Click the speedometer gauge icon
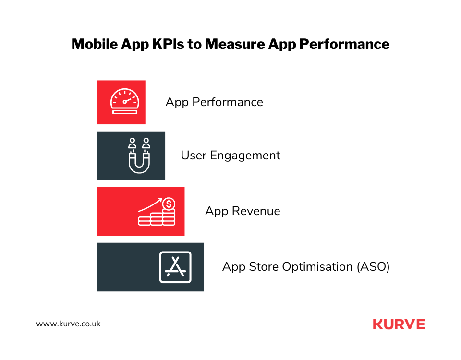pyautogui.click(x=124, y=101)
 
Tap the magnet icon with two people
pyautogui.click(x=139, y=156)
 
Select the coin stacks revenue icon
pyautogui.click(x=157, y=212)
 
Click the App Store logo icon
pyautogui.click(x=176, y=267)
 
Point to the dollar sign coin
pyautogui.click(x=169, y=204)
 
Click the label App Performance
pyautogui.click(x=214, y=102)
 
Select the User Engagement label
pyautogui.click(x=230, y=156)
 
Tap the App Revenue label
pyautogui.click(x=243, y=211)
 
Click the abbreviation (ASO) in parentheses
pyautogui.click(x=373, y=267)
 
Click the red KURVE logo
pyautogui.click(x=399, y=324)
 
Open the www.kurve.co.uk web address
pyautogui.click(x=68, y=324)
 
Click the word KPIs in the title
pyautogui.click(x=168, y=44)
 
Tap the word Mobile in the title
pyautogui.click(x=95, y=44)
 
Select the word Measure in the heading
pyautogui.click(x=235, y=44)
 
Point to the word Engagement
pyautogui.click(x=245, y=156)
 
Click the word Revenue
pyautogui.click(x=256, y=211)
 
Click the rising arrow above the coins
pyautogui.click(x=150, y=204)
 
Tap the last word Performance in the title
pyautogui.click(x=344, y=44)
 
